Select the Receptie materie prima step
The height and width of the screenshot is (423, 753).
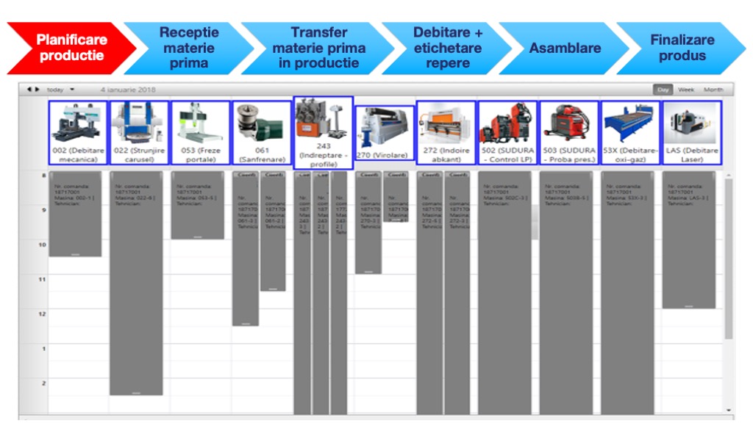point(189,48)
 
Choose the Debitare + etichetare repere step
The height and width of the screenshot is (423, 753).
point(447,48)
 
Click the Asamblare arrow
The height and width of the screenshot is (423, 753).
point(565,48)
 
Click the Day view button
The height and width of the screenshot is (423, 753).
point(663,90)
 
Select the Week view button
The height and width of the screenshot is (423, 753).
point(685,90)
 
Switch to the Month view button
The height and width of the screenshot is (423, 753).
point(713,90)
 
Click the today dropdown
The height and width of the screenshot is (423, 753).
point(60,90)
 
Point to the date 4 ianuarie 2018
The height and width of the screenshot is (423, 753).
point(123,90)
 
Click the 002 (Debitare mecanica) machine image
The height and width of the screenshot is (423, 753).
point(79,123)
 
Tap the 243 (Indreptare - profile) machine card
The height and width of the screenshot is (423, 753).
point(323,133)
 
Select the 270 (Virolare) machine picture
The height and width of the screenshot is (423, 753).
point(384,128)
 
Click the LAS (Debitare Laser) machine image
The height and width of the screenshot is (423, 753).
point(691,123)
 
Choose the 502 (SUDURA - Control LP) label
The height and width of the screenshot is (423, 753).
point(508,155)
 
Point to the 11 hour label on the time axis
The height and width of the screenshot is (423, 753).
point(42,280)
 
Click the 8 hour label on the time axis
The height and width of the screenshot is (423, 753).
point(43,176)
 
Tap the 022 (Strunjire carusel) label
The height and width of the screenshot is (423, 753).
point(139,155)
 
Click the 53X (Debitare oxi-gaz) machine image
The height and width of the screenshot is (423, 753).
point(630,123)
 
